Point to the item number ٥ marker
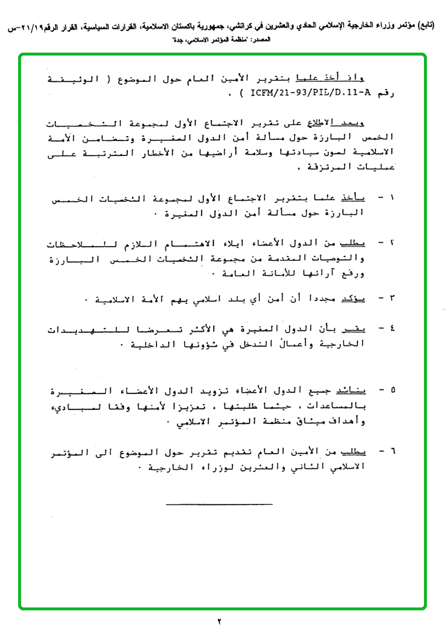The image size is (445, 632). coord(392,389)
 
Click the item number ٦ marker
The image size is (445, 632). coord(392,451)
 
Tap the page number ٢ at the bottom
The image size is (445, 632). coord(221,620)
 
